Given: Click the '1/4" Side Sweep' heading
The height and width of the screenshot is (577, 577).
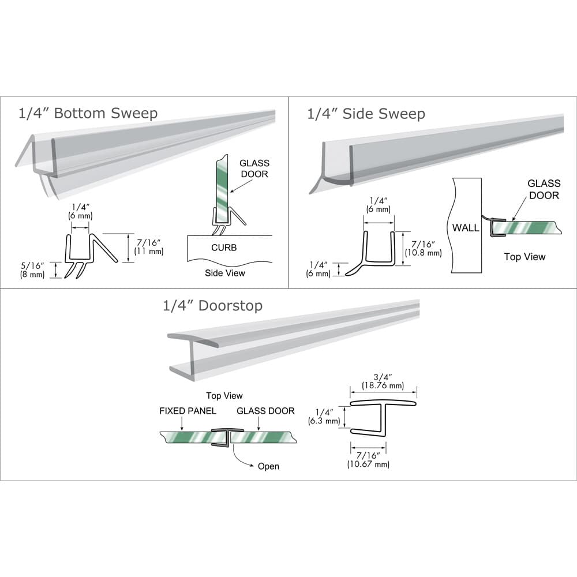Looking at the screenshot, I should click(365, 114).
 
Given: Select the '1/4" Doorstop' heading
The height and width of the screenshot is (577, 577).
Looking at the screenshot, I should click(212, 305).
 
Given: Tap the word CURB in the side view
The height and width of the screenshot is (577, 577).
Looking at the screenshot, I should click(224, 248).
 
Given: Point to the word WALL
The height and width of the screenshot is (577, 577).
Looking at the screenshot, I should click(465, 227).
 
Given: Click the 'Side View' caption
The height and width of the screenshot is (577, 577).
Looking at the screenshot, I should click(224, 273).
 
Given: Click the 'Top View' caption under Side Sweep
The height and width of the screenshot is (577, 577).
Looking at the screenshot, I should click(524, 257).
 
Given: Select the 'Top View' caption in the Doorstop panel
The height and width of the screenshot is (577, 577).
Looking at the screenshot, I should click(224, 396).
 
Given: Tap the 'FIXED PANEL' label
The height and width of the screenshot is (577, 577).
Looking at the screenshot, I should click(188, 411).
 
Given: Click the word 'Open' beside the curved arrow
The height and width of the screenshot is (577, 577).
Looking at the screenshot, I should click(268, 466).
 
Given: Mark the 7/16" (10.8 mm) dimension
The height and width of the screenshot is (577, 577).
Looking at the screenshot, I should click(422, 248).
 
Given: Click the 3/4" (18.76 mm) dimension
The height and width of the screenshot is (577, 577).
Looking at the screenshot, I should click(383, 381).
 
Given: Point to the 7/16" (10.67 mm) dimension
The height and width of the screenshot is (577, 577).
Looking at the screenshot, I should click(368, 460).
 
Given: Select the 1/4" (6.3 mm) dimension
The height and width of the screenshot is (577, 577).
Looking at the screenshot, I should click(328, 416).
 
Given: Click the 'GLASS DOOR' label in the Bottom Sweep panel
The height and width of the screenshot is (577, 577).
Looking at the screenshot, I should click(254, 168).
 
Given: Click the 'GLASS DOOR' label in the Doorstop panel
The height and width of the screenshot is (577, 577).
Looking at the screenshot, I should click(265, 411).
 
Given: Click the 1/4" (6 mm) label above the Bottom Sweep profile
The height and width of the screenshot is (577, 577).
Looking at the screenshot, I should click(81, 211).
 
